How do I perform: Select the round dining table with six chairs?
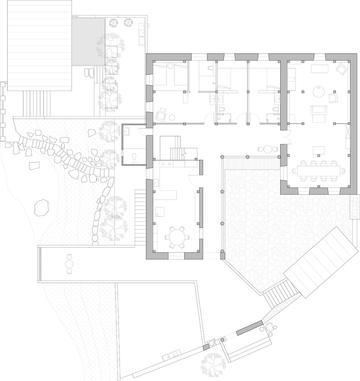[x=175, y=237]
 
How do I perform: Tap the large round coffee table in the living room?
[x=319, y=91]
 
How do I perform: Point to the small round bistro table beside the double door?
[x=268, y=149]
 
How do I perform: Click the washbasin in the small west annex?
[x=126, y=131]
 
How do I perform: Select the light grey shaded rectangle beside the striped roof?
[x=88, y=42]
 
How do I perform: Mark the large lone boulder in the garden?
[x=41, y=207]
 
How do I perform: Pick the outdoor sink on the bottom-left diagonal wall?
[x=172, y=354]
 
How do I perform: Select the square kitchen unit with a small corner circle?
[x=160, y=211]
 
